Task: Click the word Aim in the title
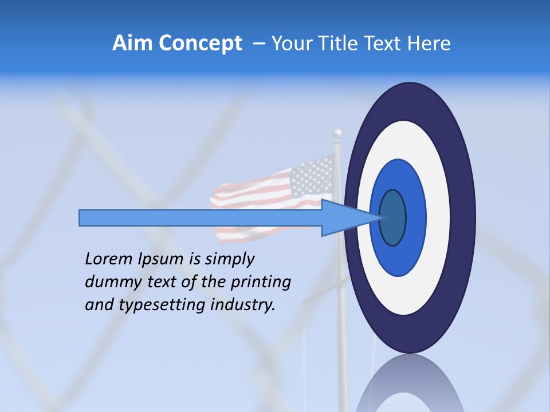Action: click(132, 43)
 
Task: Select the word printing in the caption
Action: click(261, 283)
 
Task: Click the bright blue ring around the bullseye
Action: click(415, 217)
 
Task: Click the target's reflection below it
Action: click(410, 383)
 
